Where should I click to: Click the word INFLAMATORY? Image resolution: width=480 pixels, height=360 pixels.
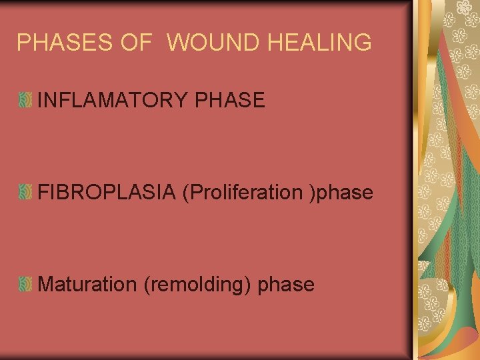point(113,101)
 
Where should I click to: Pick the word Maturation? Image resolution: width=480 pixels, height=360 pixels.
point(87,285)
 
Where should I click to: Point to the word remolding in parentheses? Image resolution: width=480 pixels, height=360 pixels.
point(197,285)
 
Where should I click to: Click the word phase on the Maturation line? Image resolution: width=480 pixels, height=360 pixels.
point(285,285)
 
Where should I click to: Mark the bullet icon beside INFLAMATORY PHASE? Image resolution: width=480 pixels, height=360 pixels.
point(25,101)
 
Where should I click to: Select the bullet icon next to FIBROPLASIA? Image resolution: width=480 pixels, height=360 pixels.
point(25,193)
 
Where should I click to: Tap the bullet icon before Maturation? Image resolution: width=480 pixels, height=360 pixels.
point(25,285)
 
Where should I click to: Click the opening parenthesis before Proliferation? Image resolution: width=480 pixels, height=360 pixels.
point(194,193)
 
